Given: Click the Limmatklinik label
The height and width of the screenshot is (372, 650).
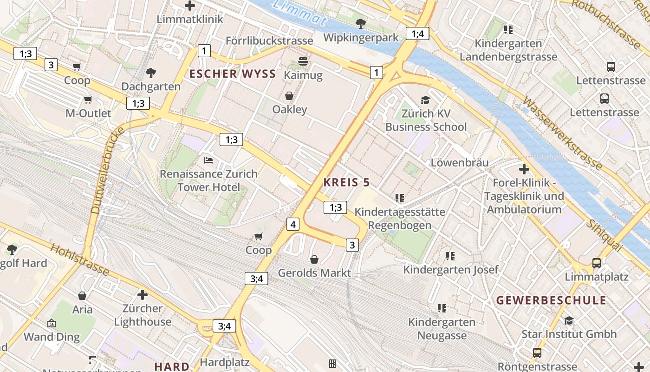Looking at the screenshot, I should point(190,20).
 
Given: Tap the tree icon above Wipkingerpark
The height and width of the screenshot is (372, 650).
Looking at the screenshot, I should point(360,23).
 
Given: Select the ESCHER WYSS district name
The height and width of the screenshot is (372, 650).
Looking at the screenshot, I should point(232,73).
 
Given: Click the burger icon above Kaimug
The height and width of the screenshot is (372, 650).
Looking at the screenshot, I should point(303,61).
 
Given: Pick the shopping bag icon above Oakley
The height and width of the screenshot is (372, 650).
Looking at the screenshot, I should point(289,96).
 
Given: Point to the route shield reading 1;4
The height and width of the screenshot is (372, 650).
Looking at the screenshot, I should point(417,33).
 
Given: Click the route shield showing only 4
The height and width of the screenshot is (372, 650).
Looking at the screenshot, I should point(292,225).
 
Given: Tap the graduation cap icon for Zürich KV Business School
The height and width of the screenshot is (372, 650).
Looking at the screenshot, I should point(425,100).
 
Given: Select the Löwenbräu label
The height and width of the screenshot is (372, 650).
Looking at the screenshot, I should point(460,163).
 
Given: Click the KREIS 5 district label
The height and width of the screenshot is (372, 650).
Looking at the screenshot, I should point(346,183).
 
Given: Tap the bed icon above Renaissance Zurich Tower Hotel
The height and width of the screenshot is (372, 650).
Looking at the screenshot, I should point(208,160).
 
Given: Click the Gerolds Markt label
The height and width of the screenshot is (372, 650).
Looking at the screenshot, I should point(314,273).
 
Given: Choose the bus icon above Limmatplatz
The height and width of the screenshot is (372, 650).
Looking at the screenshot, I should point(597,263).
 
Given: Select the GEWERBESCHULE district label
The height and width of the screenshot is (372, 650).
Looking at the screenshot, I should point(551,300).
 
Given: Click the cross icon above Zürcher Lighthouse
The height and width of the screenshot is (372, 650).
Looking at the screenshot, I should point(143,295).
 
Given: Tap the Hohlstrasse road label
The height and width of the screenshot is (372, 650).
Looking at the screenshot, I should point(80,259).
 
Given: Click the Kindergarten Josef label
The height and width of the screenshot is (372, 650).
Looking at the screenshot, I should point(450,270).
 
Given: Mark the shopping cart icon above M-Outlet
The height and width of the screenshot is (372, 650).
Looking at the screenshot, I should point(88,100).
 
